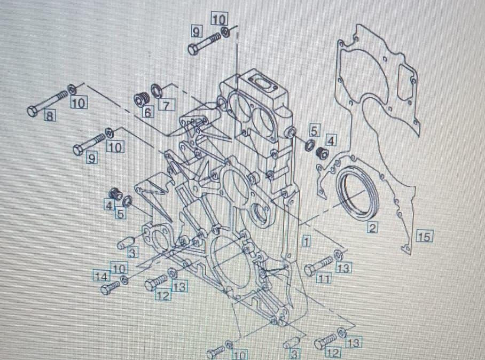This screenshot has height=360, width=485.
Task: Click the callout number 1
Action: [306, 240]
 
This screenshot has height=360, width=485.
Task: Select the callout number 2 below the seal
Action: [372, 228]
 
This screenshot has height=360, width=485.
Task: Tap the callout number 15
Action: [424, 236]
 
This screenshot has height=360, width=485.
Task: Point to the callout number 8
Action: [50, 116]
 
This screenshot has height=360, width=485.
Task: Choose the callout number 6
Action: [148, 112]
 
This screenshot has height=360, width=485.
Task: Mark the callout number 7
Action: [167, 105]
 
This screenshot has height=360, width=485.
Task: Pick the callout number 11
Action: [324, 279]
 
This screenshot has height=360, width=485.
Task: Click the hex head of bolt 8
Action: [33, 111]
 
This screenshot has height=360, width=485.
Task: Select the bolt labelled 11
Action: [317, 267]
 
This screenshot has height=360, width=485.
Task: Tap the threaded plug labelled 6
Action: [142, 99]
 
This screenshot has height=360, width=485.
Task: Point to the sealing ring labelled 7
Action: [157, 91]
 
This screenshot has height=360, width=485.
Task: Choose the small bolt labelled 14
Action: [110, 287]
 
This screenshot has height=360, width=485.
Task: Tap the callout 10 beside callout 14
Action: [119, 269]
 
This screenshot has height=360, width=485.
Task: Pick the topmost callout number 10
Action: [220, 19]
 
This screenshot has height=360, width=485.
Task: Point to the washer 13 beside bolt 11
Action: [338, 255]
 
